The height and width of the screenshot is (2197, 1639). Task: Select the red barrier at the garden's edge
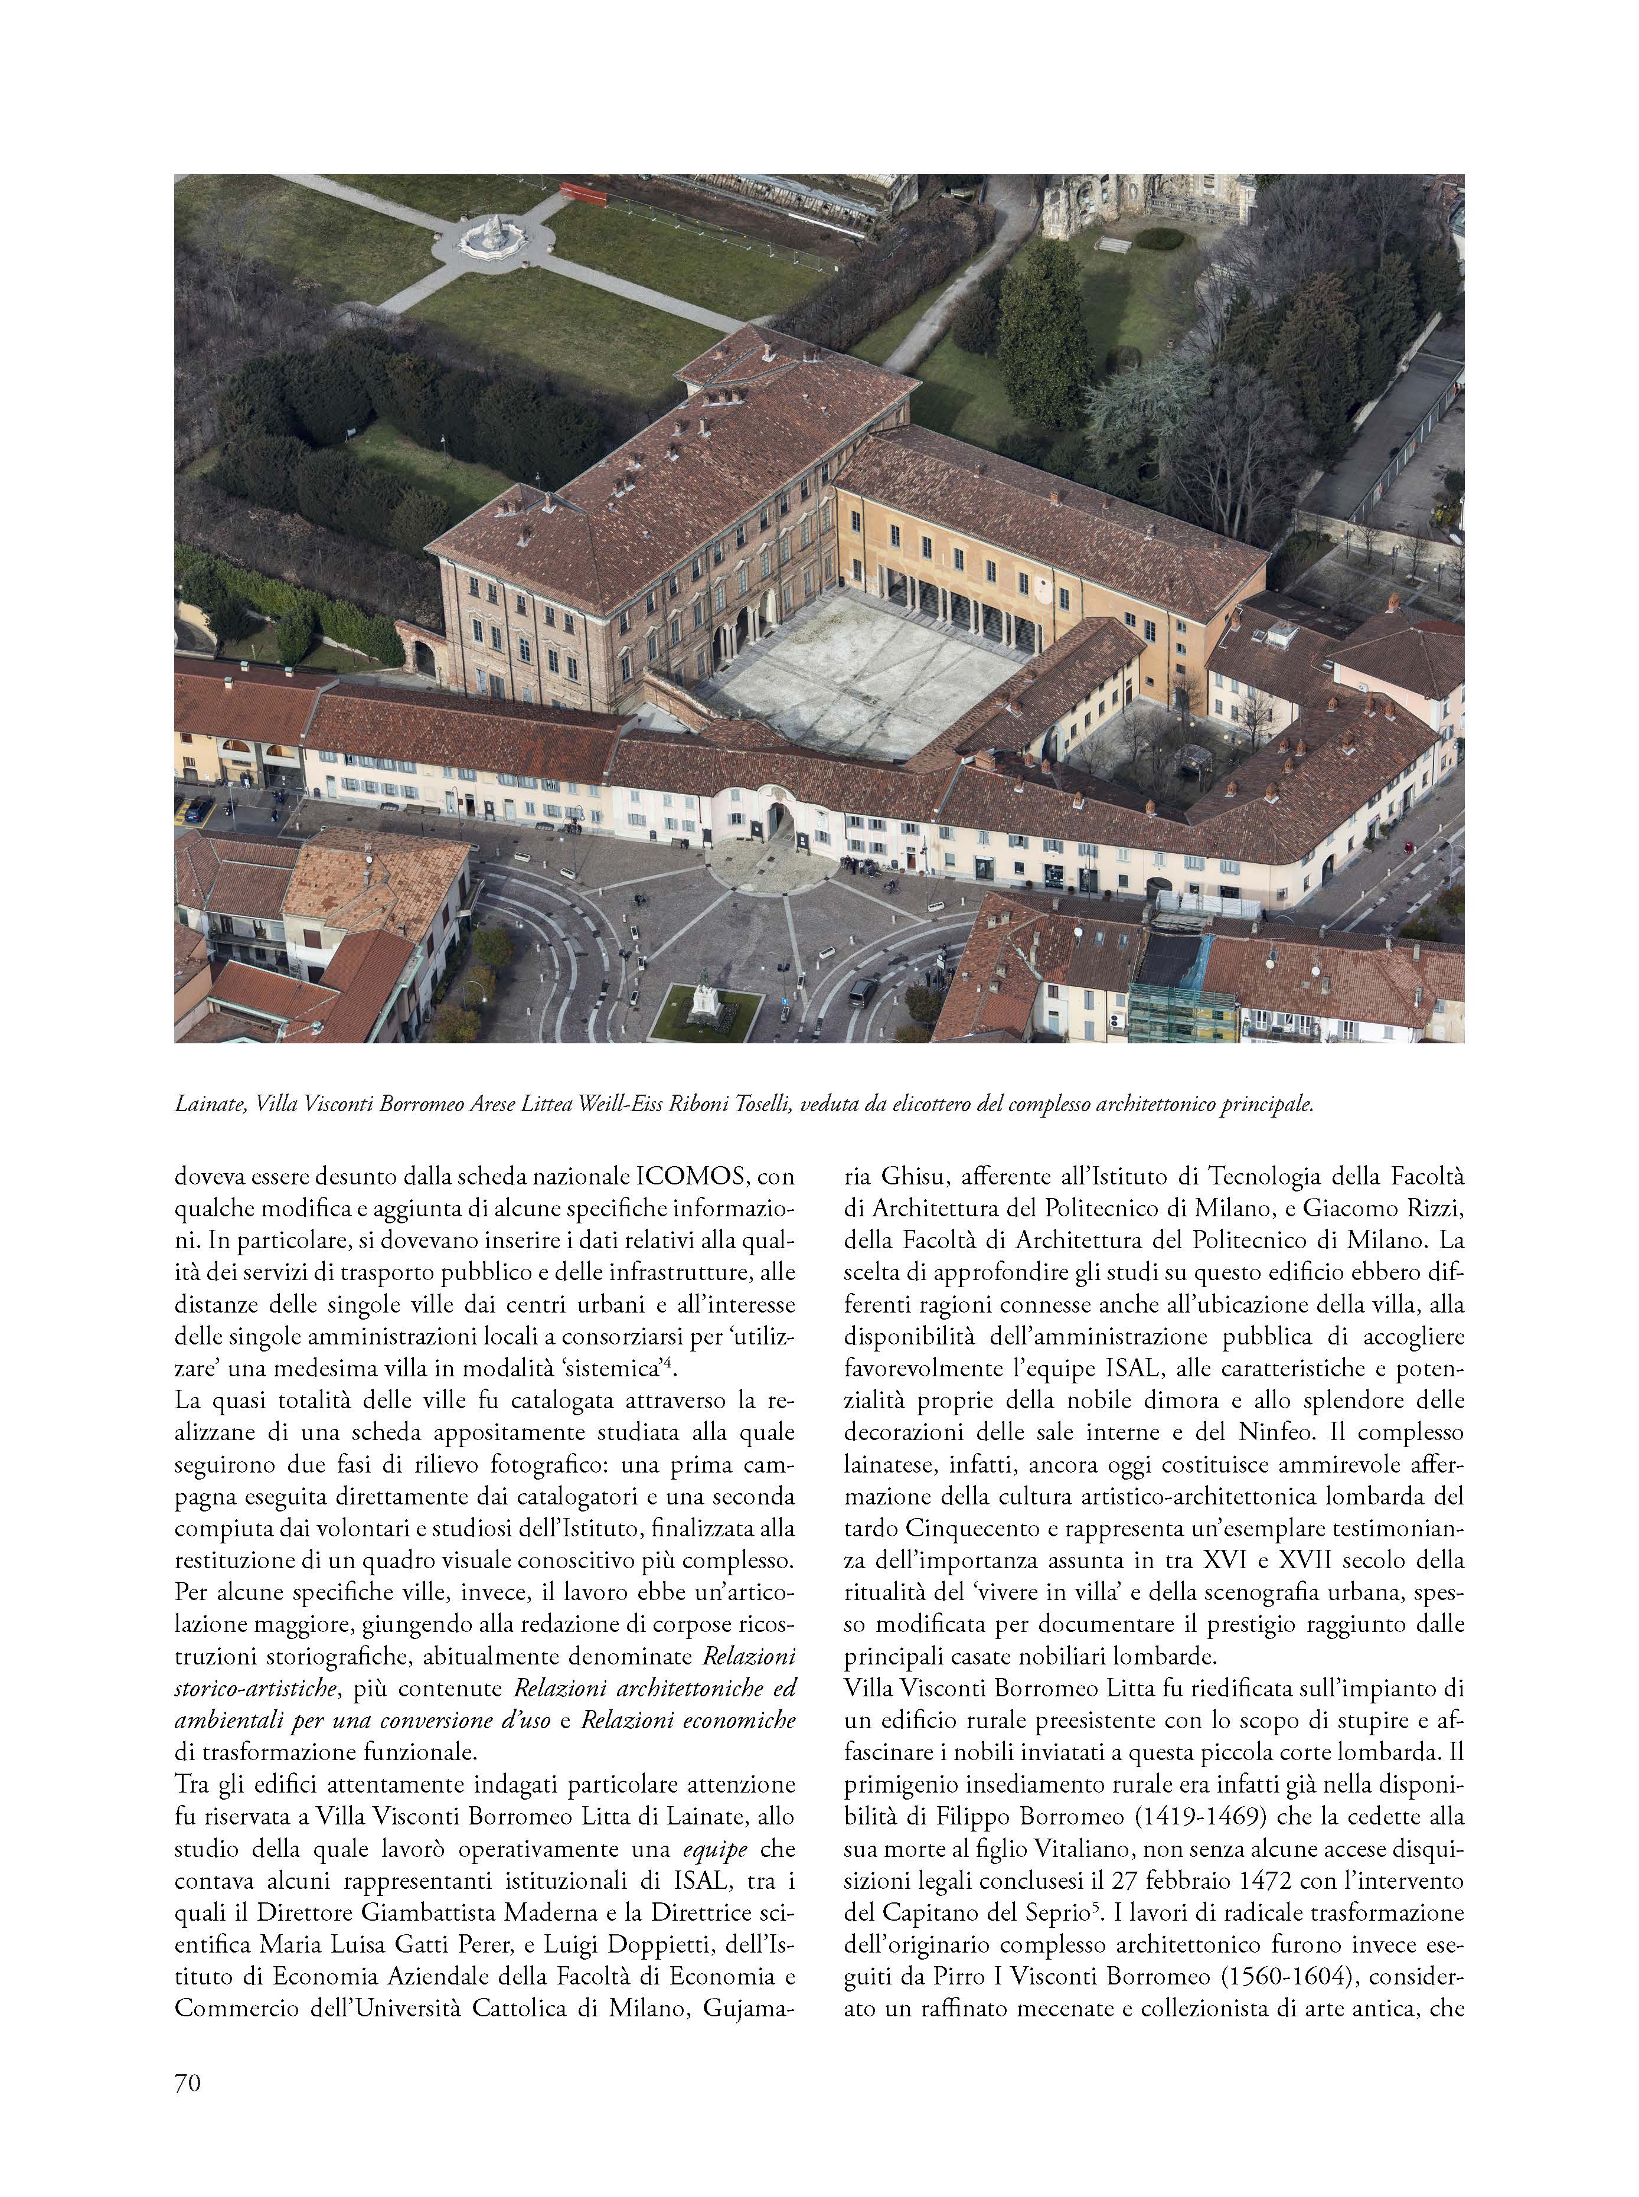[583, 194]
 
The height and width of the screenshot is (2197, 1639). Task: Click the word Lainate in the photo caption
[210, 1104]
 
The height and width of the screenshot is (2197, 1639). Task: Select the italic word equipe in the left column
[716, 1848]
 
